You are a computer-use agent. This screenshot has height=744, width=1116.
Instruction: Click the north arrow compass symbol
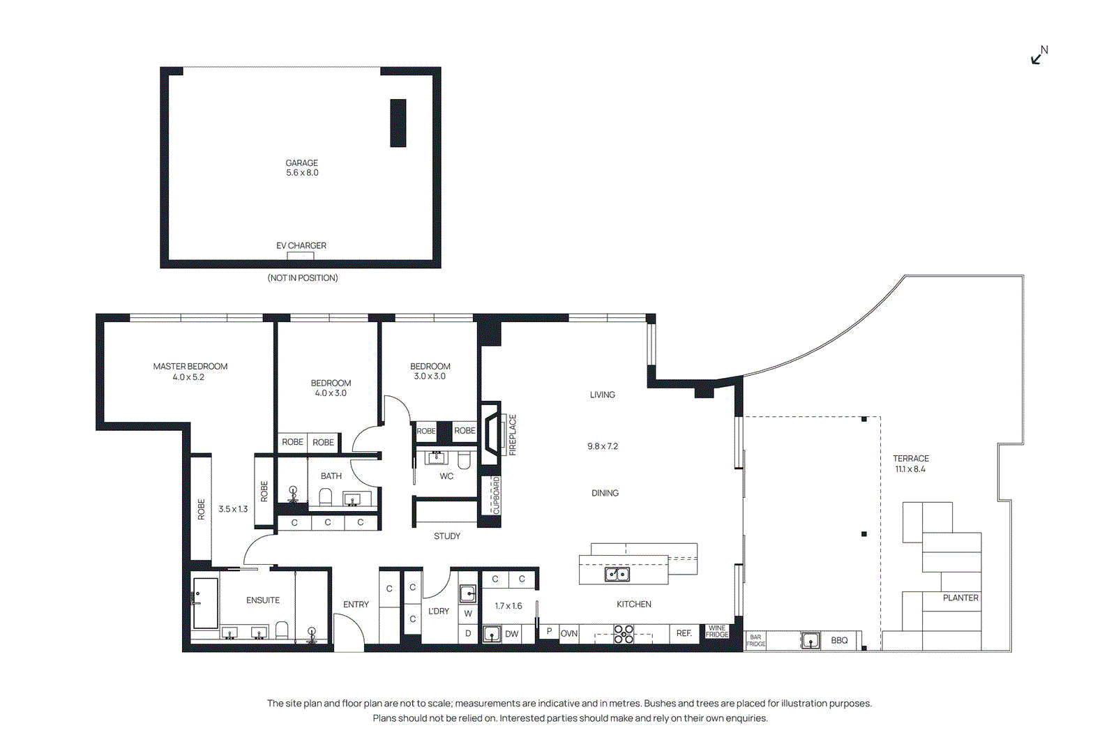(x=1039, y=56)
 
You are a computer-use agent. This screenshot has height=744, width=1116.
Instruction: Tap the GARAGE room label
(x=301, y=163)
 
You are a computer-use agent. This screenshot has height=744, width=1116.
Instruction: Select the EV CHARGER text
(x=301, y=245)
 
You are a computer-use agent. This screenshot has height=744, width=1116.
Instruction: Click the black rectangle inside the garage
(x=398, y=123)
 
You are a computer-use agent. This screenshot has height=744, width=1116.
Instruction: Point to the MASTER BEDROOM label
(x=190, y=366)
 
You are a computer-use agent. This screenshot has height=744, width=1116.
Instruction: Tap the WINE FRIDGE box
(x=716, y=632)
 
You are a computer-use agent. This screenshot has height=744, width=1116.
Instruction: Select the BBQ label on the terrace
(x=839, y=640)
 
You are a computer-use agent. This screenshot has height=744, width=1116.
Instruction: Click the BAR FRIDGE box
(x=755, y=641)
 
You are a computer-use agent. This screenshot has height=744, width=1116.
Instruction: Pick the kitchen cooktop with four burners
(x=624, y=634)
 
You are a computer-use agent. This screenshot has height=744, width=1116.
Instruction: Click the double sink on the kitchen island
(x=617, y=574)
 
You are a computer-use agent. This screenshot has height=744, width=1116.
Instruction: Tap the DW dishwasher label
(x=512, y=634)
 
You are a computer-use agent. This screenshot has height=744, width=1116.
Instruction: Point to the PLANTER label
(x=960, y=598)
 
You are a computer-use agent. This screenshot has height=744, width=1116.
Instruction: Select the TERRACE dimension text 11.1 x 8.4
(x=910, y=469)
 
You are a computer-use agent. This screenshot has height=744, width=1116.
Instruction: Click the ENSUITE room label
(x=263, y=600)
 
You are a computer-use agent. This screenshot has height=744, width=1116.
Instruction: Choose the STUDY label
(x=447, y=536)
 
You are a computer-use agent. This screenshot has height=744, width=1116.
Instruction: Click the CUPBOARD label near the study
(x=497, y=495)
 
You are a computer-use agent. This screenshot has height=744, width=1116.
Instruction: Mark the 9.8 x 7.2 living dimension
(x=603, y=446)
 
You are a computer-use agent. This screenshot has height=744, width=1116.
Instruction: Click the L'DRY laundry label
(x=439, y=611)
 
